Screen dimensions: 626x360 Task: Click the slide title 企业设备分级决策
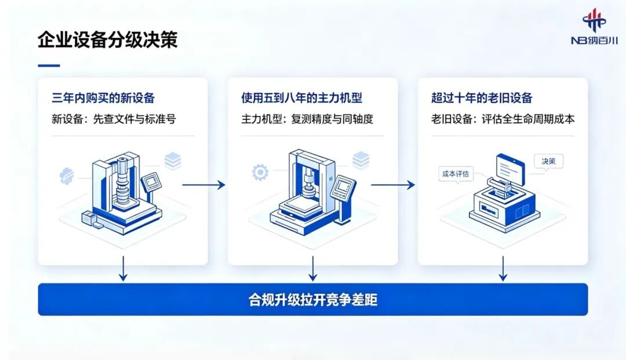[107, 40]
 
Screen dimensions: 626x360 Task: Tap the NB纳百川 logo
[594, 27]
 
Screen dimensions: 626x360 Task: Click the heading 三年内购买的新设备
[103, 98]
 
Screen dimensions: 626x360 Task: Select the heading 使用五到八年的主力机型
[301, 98]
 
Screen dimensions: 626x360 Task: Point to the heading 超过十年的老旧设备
[482, 98]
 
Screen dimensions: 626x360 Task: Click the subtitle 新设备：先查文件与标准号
[114, 119]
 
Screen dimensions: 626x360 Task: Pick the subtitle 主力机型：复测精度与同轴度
[307, 119]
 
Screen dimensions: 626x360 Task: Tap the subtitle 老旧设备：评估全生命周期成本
[503, 119]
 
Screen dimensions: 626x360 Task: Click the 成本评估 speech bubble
[456, 174]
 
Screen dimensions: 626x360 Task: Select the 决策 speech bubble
[548, 162]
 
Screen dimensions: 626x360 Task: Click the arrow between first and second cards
[203, 185]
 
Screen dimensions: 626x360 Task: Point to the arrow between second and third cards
[393, 185]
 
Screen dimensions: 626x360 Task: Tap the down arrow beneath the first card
[123, 268]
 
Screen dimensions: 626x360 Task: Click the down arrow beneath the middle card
[312, 268]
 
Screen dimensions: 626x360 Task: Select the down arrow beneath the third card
[503, 268]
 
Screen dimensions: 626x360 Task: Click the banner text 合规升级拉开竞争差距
[313, 300]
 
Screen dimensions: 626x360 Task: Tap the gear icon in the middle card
[260, 172]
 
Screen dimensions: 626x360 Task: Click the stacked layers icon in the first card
[173, 161]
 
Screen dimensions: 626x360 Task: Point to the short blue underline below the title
[49, 66]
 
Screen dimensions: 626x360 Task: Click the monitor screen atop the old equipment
[510, 168]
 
